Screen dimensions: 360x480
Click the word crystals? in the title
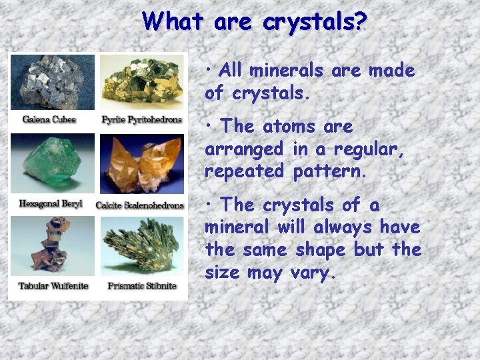(315, 22)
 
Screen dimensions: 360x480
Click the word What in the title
(175, 22)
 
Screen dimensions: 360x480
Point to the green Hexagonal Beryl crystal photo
(52, 164)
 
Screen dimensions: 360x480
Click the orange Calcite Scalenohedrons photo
(141, 164)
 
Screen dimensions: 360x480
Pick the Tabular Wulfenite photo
(52, 247)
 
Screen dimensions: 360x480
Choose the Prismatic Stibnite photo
(141, 247)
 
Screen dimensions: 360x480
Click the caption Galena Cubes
(49, 120)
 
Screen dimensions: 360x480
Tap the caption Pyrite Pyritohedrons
(141, 120)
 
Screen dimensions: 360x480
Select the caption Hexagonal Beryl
(51, 203)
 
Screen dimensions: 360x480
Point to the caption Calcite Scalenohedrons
(140, 205)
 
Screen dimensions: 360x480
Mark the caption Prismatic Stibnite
(142, 286)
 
